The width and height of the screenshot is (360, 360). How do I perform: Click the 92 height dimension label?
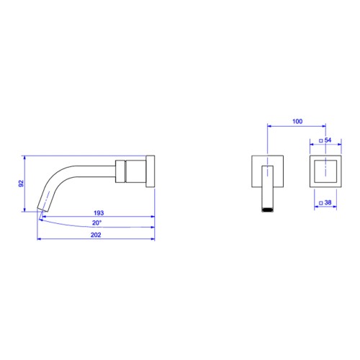point(22,184)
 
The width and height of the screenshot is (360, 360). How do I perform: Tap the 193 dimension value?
point(99,213)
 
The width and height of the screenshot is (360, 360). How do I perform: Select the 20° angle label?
point(97,223)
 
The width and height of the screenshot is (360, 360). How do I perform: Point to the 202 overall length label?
point(96,235)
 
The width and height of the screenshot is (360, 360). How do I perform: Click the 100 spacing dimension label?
point(297,122)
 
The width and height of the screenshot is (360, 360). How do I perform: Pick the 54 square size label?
point(328,140)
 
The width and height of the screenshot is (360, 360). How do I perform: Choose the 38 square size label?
point(328,202)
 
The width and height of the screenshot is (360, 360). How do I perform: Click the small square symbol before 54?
point(321,141)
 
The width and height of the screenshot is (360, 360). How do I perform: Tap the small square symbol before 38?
point(321,203)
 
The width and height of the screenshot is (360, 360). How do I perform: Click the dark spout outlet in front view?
point(268,210)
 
